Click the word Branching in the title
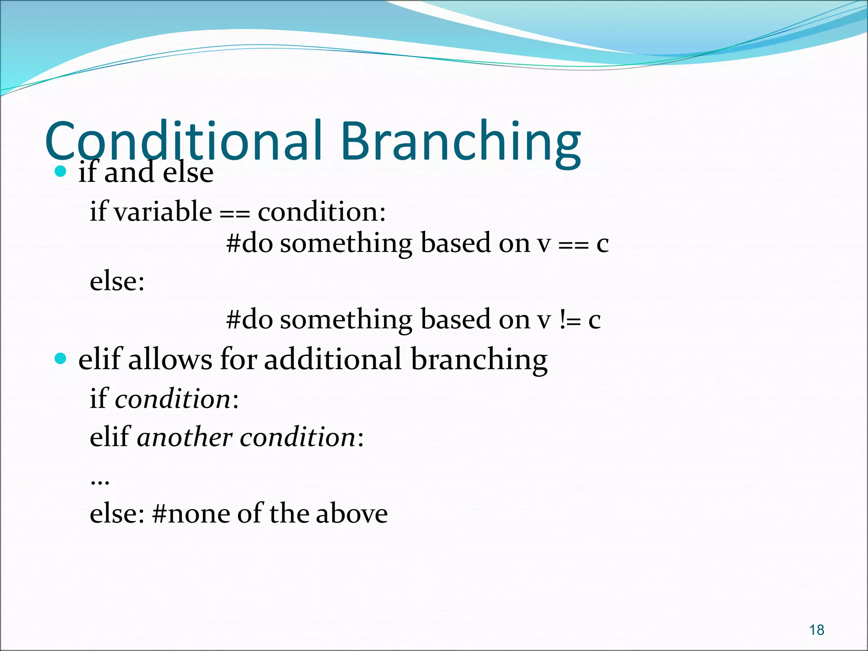[x=460, y=142]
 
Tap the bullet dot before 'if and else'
[x=61, y=171]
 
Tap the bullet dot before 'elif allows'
[x=61, y=359]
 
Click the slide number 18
[x=816, y=630]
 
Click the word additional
[x=333, y=359]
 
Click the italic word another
[x=185, y=437]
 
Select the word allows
[x=170, y=359]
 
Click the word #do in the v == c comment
[x=249, y=243]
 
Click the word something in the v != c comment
[x=346, y=320]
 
